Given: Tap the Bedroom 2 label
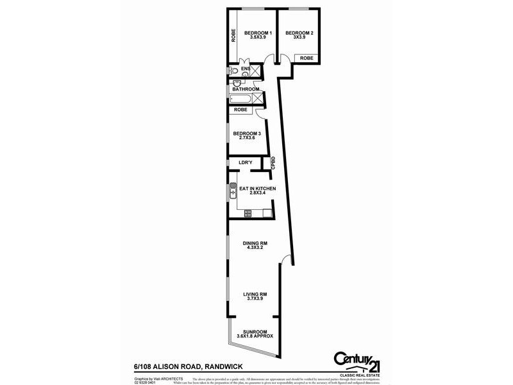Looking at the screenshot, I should point(299,33).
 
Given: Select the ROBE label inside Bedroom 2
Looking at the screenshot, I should point(307,58).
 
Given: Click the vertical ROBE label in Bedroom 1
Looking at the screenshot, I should point(233,32).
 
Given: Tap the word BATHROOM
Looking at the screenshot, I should point(246,89).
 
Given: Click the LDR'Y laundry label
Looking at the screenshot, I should point(245,163).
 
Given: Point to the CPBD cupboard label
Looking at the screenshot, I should point(273,164).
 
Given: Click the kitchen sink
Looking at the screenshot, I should point(233,191).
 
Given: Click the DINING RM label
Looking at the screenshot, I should point(255,243).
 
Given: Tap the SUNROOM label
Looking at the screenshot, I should point(255,332).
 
